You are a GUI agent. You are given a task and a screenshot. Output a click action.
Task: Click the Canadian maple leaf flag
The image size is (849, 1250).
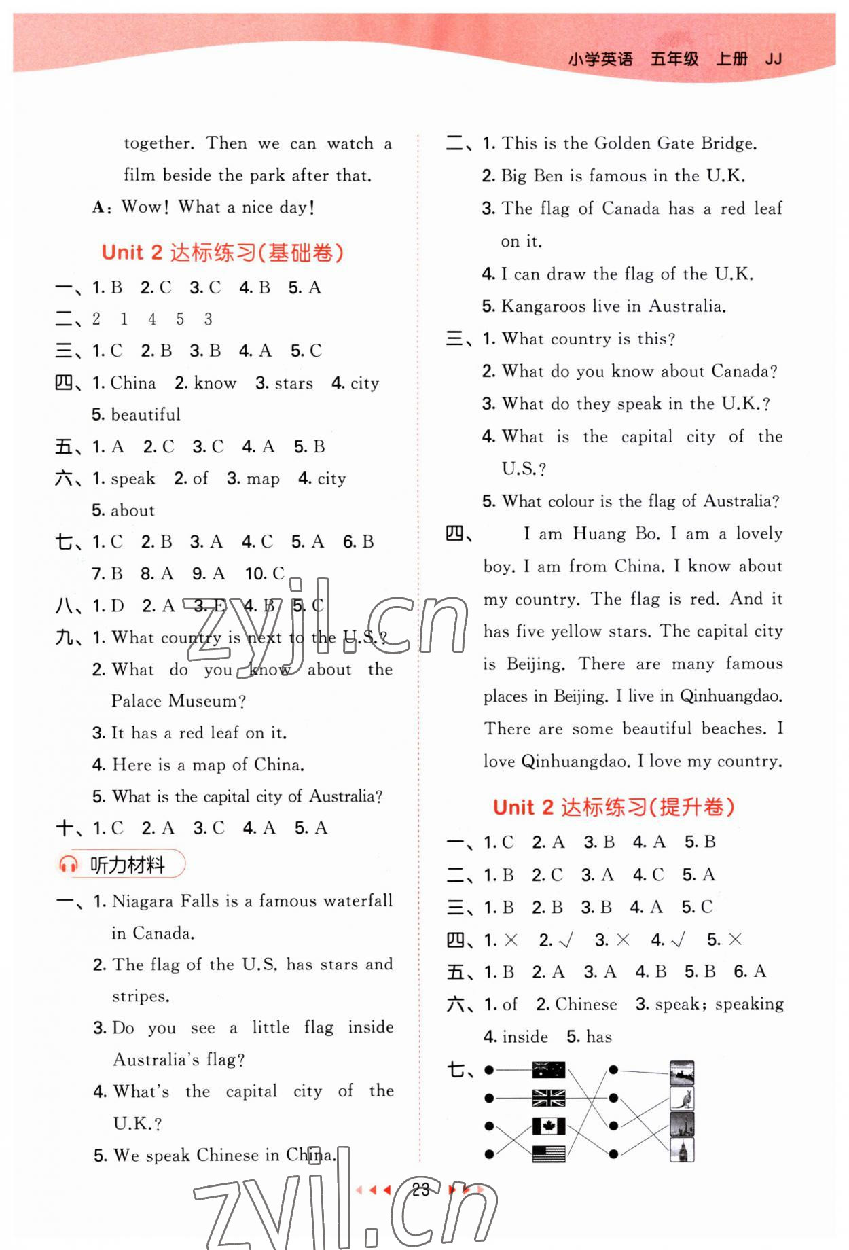pos(549,1126)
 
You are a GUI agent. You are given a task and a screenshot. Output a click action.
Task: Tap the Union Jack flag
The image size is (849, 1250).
pos(549,1098)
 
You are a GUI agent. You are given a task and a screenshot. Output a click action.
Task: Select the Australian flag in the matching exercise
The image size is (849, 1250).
pos(549,1070)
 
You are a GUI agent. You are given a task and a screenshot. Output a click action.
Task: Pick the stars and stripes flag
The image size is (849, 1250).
pos(549,1154)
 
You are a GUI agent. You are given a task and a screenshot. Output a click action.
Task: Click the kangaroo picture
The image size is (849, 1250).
pos(682,1098)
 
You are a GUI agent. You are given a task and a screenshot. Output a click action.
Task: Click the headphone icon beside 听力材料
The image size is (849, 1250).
pos(69,864)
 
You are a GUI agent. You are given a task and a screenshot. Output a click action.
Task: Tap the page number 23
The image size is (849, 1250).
pos(420,1190)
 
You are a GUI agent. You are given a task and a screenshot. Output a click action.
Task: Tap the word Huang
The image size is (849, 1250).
pos(599,534)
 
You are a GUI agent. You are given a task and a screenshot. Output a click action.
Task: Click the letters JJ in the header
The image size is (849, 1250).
pos(773,59)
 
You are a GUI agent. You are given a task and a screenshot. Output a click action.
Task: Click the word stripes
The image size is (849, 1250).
pos(140,997)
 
